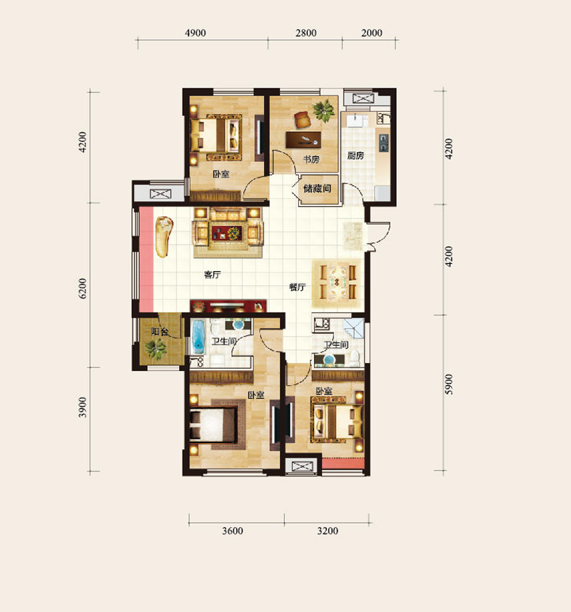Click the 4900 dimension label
[x=196, y=33]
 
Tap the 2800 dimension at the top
[x=305, y=33]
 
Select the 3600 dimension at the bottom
[x=233, y=531]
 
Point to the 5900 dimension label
[x=449, y=384]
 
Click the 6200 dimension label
[x=82, y=288]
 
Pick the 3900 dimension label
[x=82, y=407]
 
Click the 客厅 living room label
[x=213, y=275]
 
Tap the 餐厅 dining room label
[x=297, y=287]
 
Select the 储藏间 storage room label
[x=318, y=188]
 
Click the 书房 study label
[x=311, y=159]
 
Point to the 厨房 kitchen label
[x=355, y=155]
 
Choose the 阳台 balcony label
[x=160, y=332]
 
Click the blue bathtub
[x=198, y=337]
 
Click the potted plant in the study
[x=324, y=110]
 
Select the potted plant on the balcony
[x=156, y=350]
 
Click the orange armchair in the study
[x=303, y=119]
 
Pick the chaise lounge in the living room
[x=164, y=237]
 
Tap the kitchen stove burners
[x=383, y=143]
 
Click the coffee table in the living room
[x=227, y=233]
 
